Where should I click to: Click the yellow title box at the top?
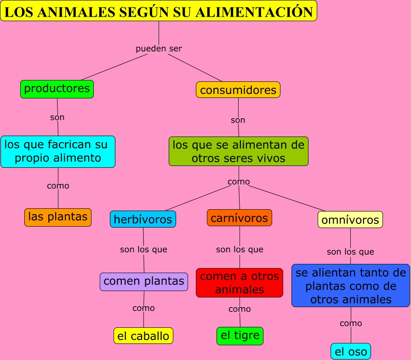pyautogui.click(x=159, y=11)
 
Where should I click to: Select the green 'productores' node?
pyautogui.click(x=57, y=89)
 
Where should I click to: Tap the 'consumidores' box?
pyautogui.click(x=238, y=90)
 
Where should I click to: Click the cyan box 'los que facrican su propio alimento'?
pyautogui.click(x=58, y=151)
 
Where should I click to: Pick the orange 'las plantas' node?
pyautogui.click(x=58, y=217)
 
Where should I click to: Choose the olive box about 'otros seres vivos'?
pyautogui.click(x=239, y=151)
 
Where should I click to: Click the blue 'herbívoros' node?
pyautogui.click(x=143, y=219)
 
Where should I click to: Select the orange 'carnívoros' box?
pyautogui.click(x=240, y=217)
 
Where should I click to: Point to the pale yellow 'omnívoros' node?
pyautogui.click(x=350, y=219)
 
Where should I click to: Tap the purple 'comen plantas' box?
pyautogui.click(x=144, y=281)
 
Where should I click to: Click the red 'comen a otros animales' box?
pyautogui.click(x=240, y=283)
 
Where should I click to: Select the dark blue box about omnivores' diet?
pyautogui.click(x=351, y=286)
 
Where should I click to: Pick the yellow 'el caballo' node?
pyautogui.click(x=143, y=336)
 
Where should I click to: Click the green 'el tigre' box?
pyautogui.click(x=240, y=336)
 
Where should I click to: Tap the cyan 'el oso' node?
pyautogui.click(x=351, y=352)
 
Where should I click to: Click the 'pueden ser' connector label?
pyautogui.click(x=159, y=48)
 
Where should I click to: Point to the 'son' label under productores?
pyautogui.click(x=57, y=117)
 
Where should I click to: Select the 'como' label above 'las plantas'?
pyautogui.click(x=58, y=186)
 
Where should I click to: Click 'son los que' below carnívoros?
pyautogui.click(x=240, y=250)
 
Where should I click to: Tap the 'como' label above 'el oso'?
pyautogui.click(x=351, y=323)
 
